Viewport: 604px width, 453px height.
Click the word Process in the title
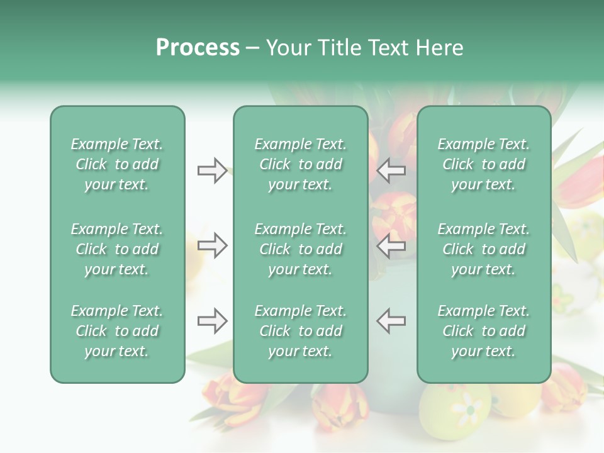198,48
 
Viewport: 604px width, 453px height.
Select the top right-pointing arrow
212,170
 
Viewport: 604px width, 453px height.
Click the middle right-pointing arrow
212,245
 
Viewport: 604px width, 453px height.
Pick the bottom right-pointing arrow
212,321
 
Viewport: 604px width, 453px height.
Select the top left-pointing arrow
391,170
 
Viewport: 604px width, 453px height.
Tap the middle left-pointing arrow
391,245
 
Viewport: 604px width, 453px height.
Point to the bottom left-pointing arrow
391,321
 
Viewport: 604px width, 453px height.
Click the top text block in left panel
117,164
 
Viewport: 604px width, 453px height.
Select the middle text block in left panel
117,249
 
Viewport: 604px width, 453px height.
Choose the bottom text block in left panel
117,331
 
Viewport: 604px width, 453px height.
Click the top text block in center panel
300,164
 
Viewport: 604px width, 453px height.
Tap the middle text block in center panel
300,249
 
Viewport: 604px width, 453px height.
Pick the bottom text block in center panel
300,331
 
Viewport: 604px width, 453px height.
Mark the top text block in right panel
483,164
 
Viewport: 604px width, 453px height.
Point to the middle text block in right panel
483,249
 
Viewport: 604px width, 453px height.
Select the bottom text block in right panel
483,331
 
